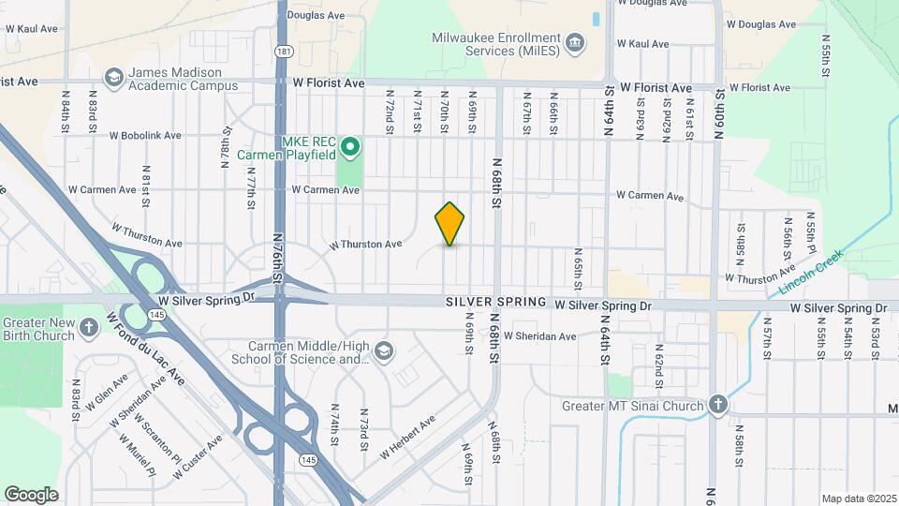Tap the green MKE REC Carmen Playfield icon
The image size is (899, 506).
coord(350,146)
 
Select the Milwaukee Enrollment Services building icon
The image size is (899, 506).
coord(576,43)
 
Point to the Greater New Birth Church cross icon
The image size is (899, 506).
coord(89,327)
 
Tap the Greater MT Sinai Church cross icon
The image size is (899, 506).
coord(717,405)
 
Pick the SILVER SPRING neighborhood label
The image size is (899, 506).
coord(496,302)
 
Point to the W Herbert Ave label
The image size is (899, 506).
coord(407,438)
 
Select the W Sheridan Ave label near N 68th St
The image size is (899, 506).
coord(539,335)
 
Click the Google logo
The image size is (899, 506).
coord(31,495)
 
